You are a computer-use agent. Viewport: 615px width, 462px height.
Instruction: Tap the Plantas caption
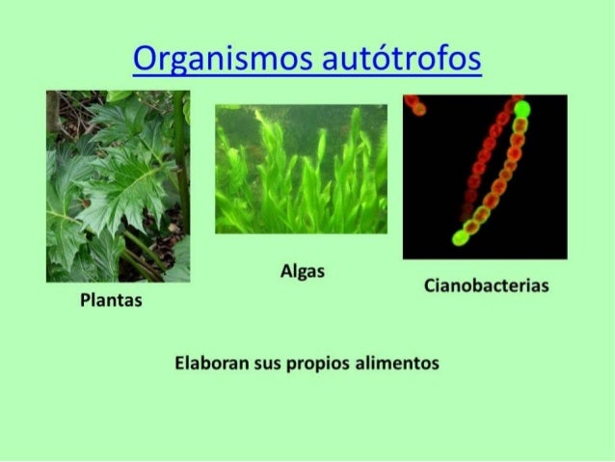tap(111, 302)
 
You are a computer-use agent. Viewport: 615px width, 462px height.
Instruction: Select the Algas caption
tap(302, 273)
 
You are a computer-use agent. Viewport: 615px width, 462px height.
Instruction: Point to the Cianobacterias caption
tap(486, 286)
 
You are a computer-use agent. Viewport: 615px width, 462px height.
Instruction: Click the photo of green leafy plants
tap(118, 186)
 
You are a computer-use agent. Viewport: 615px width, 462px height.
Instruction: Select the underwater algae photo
tap(301, 169)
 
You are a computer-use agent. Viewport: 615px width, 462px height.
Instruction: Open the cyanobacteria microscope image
tap(485, 176)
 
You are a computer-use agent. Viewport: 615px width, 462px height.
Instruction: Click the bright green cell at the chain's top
tap(522, 110)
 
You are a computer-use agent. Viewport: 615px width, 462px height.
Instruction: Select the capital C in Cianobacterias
tap(429, 286)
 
